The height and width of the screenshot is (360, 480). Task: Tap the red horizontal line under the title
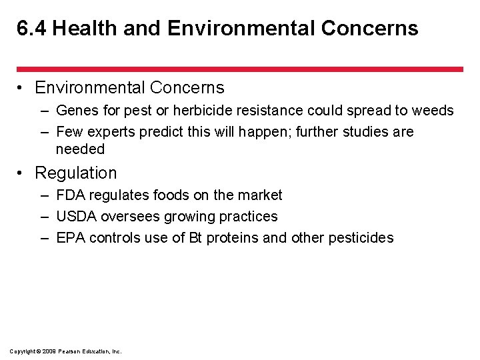coord(239,69)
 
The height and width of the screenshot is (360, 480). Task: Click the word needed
coord(80,149)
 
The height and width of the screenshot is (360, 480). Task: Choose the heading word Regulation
coord(75,173)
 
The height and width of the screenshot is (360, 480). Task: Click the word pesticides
coord(361,238)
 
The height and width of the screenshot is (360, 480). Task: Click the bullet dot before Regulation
coord(22,174)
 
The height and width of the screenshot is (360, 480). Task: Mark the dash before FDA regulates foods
coord(43,195)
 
